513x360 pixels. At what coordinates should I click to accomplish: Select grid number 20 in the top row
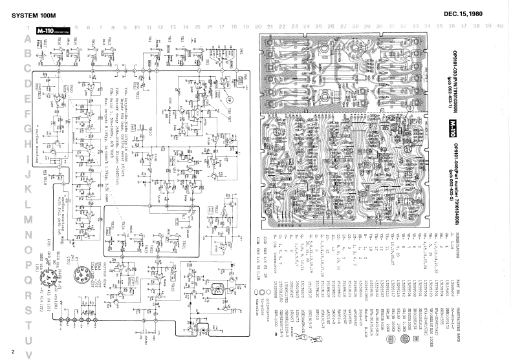pos(258,27)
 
